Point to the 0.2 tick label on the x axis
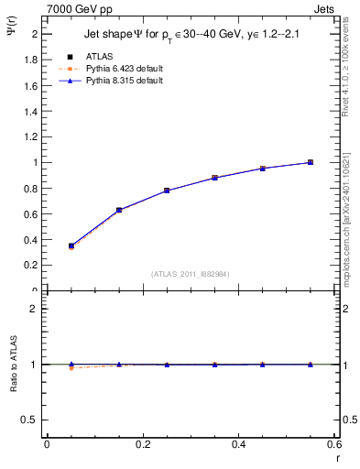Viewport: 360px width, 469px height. [x=142, y=443]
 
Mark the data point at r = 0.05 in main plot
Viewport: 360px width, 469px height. [x=71, y=245]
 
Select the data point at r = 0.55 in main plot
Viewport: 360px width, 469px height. [x=311, y=162]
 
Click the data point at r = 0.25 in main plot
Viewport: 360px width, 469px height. [x=167, y=191]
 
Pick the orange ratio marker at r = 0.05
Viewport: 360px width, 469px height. [x=71, y=367]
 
